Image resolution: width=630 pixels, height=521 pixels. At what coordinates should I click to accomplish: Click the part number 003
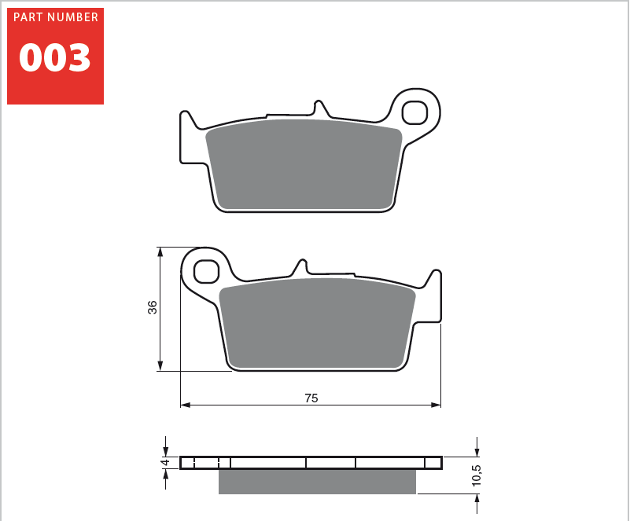point(55,58)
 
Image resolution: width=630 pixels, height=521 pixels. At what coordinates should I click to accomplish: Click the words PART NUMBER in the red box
point(56,17)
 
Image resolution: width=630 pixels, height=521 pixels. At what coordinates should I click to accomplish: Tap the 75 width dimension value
point(311,398)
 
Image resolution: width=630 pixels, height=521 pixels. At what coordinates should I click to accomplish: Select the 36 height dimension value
point(153,307)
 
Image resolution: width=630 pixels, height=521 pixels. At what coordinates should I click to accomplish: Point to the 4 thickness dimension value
point(165,463)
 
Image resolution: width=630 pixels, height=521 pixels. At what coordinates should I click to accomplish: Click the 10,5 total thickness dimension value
point(477,475)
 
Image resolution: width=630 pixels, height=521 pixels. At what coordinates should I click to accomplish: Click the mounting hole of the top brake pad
point(414,112)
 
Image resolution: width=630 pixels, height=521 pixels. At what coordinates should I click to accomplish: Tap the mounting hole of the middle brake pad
point(206,271)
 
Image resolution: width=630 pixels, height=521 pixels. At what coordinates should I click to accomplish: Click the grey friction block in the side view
point(317,482)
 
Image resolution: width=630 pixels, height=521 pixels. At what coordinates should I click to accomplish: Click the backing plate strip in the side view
point(311,462)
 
